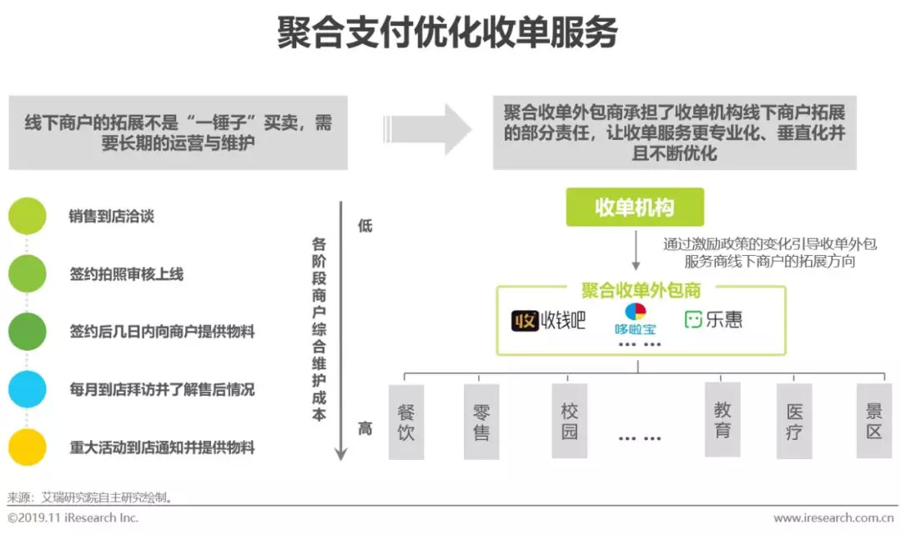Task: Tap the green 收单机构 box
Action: coord(635,207)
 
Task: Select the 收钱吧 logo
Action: coord(548,320)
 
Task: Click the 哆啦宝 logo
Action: coord(635,319)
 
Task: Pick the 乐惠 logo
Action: coord(713,320)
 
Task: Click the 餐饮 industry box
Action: coord(406,422)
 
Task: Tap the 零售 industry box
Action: coord(481,422)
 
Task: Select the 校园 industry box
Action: coord(570,421)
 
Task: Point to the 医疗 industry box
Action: coord(794,421)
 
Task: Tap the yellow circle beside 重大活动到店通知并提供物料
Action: coord(28,447)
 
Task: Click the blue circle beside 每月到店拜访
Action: coord(28,389)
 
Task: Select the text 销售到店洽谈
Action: coord(111,217)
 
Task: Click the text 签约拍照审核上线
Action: coord(126,274)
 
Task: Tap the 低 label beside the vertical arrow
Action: coord(365,226)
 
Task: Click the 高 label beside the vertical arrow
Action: coord(365,429)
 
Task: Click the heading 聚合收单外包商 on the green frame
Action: coord(641,290)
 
